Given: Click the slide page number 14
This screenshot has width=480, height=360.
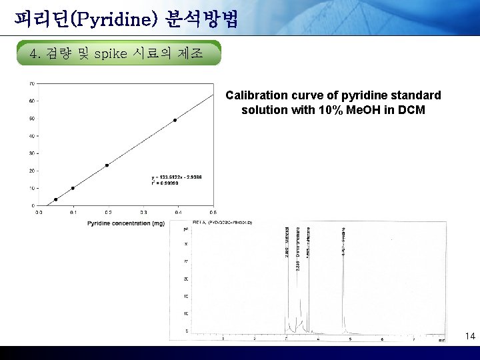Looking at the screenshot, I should coord(470,336).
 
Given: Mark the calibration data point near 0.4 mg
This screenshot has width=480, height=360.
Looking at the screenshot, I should coord(175,120).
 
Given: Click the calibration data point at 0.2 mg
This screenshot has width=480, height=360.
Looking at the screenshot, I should coord(107,165).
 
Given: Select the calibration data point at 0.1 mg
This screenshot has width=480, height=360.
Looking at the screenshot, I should coord(73,188).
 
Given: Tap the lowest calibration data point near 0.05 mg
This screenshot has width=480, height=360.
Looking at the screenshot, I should coord(56,199).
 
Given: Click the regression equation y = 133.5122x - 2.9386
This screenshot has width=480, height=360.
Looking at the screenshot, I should coord(177,177).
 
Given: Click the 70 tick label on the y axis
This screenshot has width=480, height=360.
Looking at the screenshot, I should coord(32,84).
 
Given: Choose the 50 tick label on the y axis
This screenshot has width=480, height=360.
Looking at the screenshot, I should coord(32,119).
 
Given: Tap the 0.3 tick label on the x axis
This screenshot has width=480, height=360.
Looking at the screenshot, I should coord(143,212).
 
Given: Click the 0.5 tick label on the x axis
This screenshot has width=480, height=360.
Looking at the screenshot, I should coord(212,212).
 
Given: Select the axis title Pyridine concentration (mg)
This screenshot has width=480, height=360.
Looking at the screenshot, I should coord(125,223).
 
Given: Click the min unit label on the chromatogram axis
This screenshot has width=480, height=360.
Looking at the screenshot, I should coord(441,341).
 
